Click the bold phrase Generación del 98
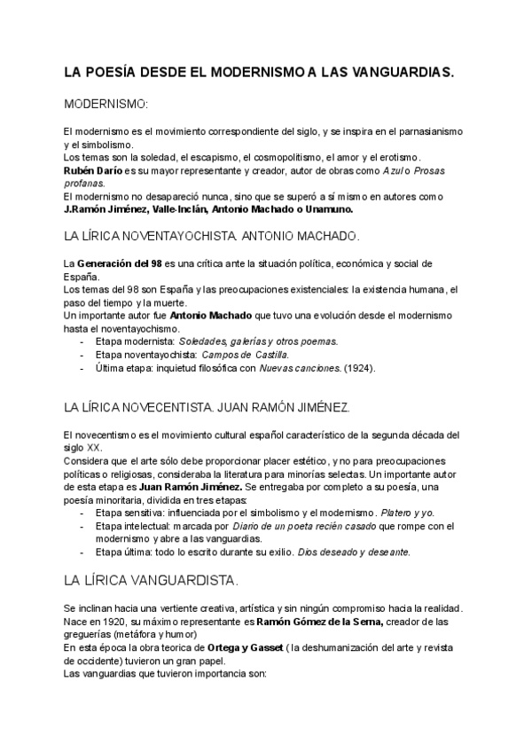click(x=120, y=264)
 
